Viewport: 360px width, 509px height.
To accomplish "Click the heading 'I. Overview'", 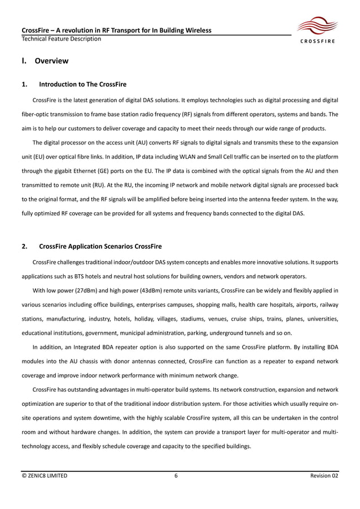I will point(45,61).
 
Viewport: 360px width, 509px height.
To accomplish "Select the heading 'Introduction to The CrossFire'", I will point(82,85).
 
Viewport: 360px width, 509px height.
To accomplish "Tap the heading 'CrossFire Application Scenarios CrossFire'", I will point(100,247).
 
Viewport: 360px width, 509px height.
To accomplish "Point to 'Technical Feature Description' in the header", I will point(62,39).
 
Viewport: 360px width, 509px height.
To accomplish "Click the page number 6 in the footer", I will point(176,476).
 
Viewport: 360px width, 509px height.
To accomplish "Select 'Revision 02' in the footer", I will point(324,476).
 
